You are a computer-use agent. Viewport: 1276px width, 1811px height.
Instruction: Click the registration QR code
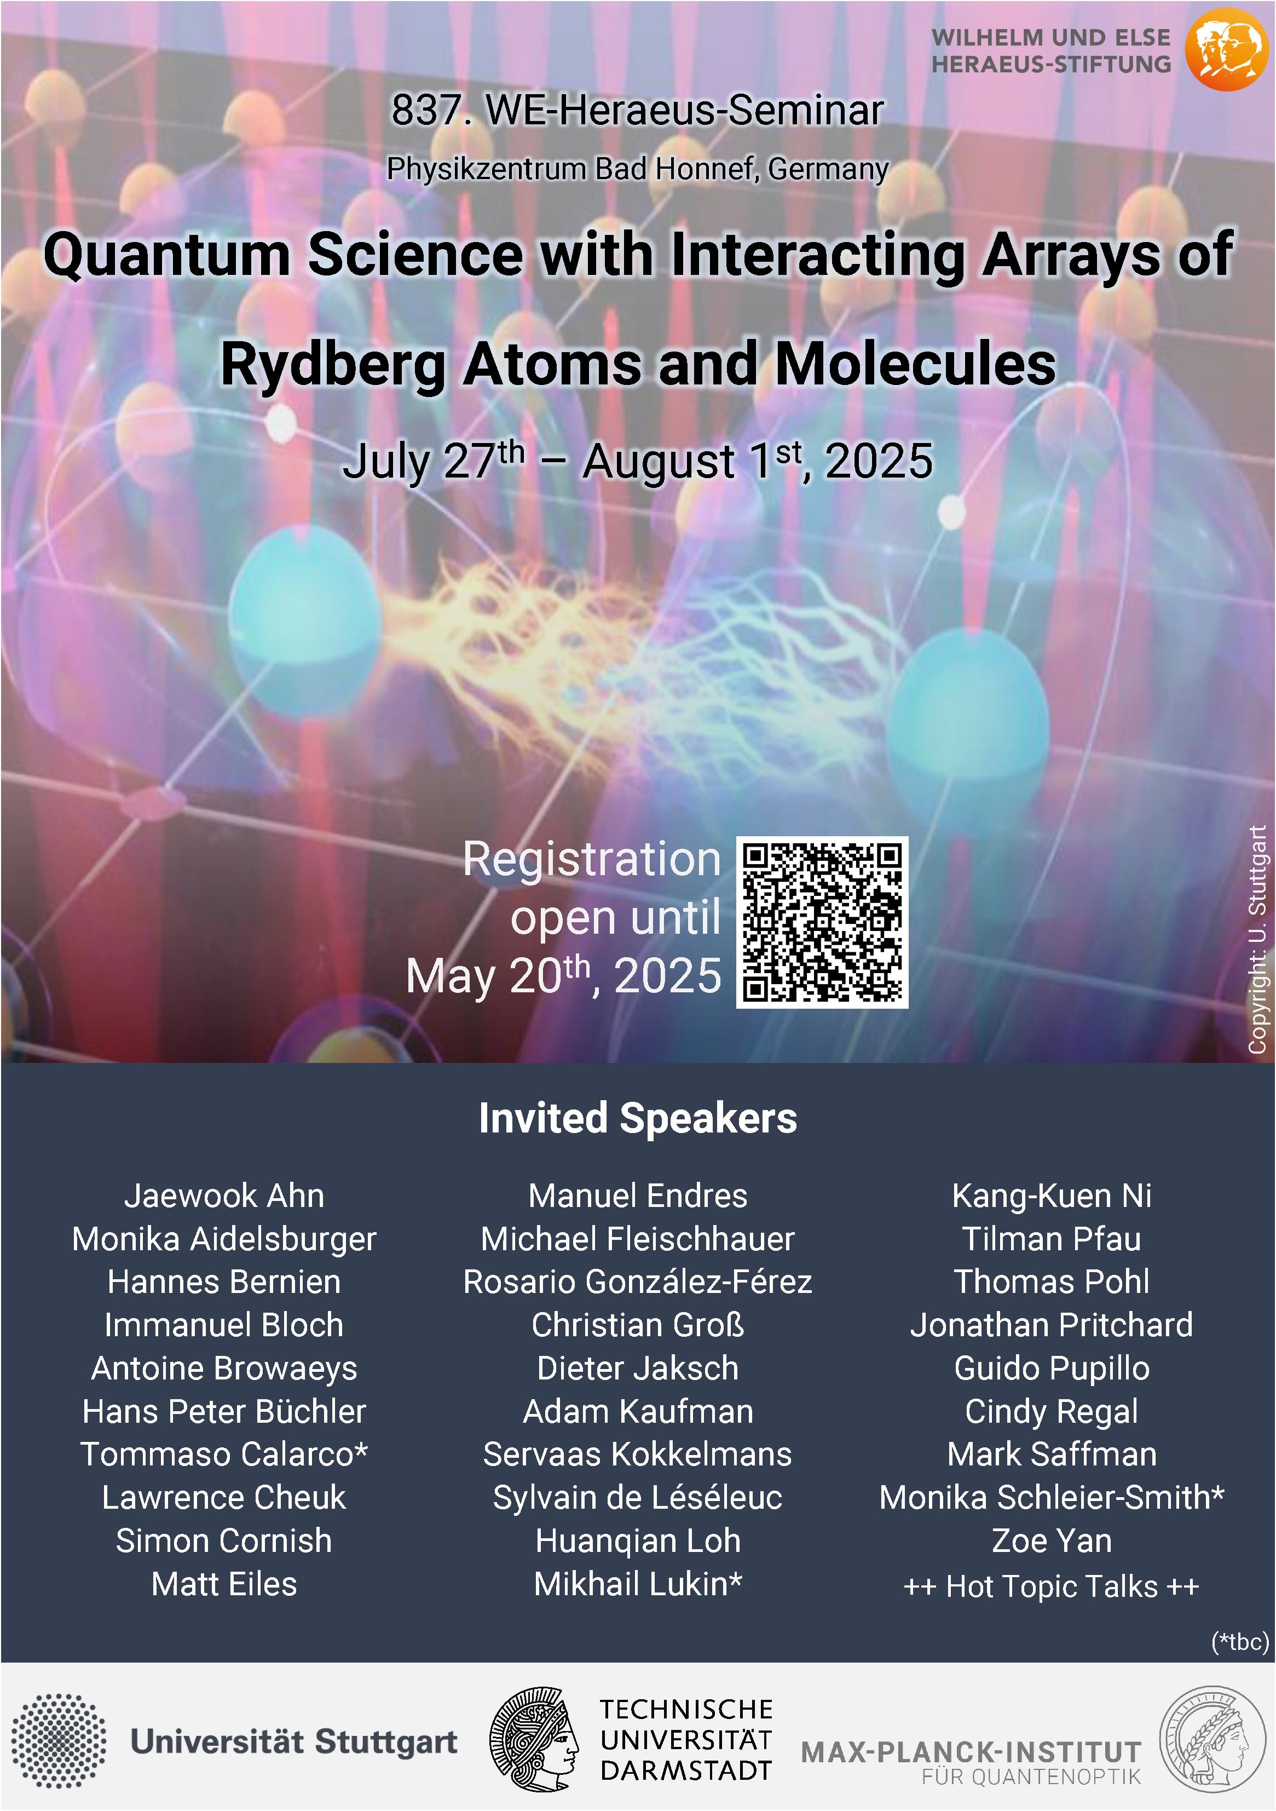[822, 922]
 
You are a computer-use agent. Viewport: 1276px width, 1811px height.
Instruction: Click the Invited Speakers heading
[638, 1118]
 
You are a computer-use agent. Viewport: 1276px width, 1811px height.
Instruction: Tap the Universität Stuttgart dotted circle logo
[59, 1741]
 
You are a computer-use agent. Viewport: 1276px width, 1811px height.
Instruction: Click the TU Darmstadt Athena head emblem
[534, 1739]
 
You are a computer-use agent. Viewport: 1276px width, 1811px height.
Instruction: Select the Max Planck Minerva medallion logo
[1212, 1739]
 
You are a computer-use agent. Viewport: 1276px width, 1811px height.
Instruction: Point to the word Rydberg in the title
[333, 364]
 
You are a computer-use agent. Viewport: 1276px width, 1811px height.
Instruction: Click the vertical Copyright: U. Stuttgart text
[1257, 939]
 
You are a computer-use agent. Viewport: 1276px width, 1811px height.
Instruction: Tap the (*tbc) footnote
[1240, 1641]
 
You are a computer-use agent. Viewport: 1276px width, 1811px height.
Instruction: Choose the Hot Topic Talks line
[1051, 1586]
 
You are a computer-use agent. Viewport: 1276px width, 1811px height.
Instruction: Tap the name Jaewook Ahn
[224, 1196]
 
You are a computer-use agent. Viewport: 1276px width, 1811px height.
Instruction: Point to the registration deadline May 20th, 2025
[563, 976]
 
